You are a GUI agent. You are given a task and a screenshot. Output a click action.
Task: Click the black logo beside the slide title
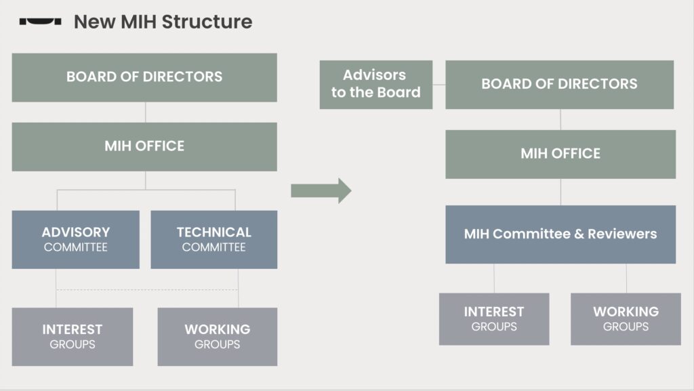coord(40,21)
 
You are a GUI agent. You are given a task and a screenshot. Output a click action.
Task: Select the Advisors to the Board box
coord(375,85)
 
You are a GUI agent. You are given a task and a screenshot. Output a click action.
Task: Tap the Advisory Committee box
coord(76,239)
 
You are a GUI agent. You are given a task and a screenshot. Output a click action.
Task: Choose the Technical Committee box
coord(213,239)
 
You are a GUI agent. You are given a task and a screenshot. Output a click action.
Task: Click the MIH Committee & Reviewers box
coord(560,234)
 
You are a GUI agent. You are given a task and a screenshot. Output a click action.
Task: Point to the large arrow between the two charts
coord(321,190)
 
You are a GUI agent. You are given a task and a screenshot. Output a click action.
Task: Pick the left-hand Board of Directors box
coord(144,77)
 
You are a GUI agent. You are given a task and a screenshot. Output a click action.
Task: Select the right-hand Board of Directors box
coord(559,85)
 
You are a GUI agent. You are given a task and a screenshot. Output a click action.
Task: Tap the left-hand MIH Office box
coord(144,146)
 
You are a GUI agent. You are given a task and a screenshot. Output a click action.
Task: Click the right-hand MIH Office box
coord(560,154)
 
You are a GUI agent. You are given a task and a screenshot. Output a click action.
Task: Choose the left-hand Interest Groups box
coord(72,337)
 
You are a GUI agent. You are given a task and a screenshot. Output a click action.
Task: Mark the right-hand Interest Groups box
coord(494,319)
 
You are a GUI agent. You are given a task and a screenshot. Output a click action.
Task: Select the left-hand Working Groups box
coord(218,337)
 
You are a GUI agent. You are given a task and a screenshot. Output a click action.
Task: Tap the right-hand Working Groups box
coord(626,319)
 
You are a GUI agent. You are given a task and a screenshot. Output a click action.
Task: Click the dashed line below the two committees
coord(147,290)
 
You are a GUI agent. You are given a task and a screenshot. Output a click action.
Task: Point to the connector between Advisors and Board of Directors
coord(439,85)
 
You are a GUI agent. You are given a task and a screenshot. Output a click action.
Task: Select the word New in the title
coord(95,22)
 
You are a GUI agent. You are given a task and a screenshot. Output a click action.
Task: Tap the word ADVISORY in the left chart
coord(76,232)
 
